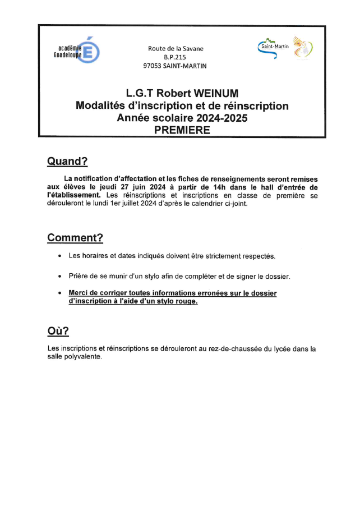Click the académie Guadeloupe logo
click(79, 53)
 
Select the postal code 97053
click(154, 66)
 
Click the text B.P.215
click(175, 57)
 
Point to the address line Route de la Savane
click(175, 49)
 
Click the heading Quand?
click(67, 162)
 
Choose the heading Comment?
click(75, 237)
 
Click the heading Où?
click(58, 331)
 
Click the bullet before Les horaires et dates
click(59, 256)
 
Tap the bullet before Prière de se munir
click(59, 277)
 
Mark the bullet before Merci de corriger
click(59, 293)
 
